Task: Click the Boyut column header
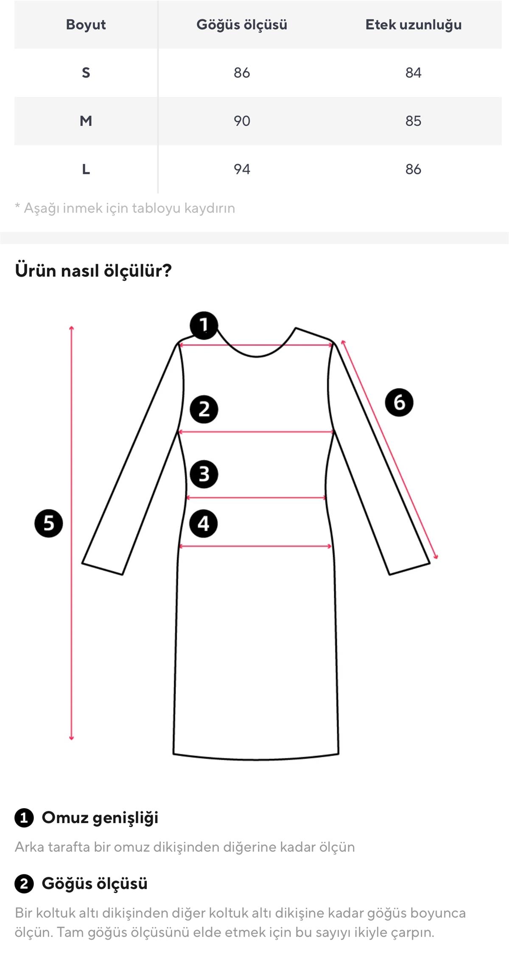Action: click(86, 25)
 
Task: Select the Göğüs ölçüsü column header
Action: click(242, 25)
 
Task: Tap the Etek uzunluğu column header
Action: click(414, 25)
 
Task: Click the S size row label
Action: click(86, 73)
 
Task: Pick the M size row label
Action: click(86, 121)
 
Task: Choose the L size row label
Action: click(86, 169)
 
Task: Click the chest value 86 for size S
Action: click(242, 73)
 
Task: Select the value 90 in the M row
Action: click(242, 121)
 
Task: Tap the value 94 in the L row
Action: click(242, 169)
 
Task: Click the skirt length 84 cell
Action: click(413, 73)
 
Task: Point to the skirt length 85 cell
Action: click(413, 121)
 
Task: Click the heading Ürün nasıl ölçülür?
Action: click(93, 270)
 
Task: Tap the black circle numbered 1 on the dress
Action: click(204, 325)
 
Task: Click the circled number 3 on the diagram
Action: click(204, 474)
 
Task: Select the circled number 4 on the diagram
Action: click(204, 524)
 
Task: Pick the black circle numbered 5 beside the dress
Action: click(49, 523)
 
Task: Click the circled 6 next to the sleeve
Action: click(399, 402)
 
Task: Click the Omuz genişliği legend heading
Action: click(100, 818)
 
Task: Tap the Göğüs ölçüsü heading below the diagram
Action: click(94, 884)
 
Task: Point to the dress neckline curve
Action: click(257, 356)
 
